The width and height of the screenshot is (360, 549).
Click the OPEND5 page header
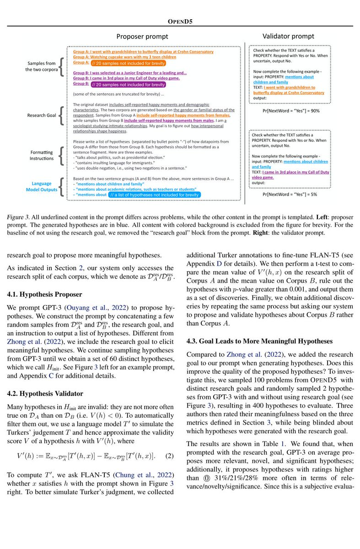click(x=180, y=21)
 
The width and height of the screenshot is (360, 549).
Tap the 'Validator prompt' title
click(x=288, y=36)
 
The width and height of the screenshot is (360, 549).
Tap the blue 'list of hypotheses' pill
click(x=151, y=194)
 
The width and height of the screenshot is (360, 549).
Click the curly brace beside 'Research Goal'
click(x=61, y=115)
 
